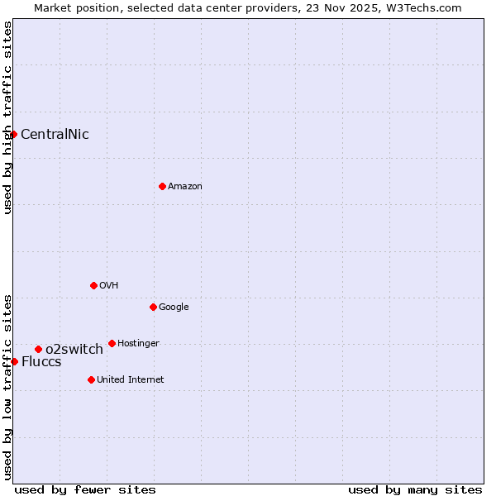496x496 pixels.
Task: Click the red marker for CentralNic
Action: coord(13,134)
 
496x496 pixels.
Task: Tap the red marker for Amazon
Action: coord(162,186)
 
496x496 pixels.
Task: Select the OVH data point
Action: coord(93,285)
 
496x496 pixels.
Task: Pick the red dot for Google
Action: coord(153,307)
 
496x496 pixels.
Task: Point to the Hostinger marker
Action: coord(112,343)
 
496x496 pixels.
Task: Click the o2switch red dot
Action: coord(38,349)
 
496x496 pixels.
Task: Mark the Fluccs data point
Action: coord(14,361)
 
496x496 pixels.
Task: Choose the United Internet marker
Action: coord(91,379)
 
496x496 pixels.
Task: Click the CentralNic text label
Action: coord(55,134)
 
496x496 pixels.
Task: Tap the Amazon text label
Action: coord(185,187)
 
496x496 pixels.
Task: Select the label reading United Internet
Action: coord(131,380)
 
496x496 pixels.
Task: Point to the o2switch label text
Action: coord(74,350)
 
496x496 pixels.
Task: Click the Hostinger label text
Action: coord(138,343)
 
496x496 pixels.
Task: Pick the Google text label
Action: coord(174,308)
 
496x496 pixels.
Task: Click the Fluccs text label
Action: coord(41,362)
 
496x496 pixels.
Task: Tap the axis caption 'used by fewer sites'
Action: coord(85,489)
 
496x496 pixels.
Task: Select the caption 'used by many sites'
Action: coord(415,489)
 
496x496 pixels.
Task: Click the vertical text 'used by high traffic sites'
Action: coord(7,117)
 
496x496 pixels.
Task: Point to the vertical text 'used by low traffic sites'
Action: coord(7,386)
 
